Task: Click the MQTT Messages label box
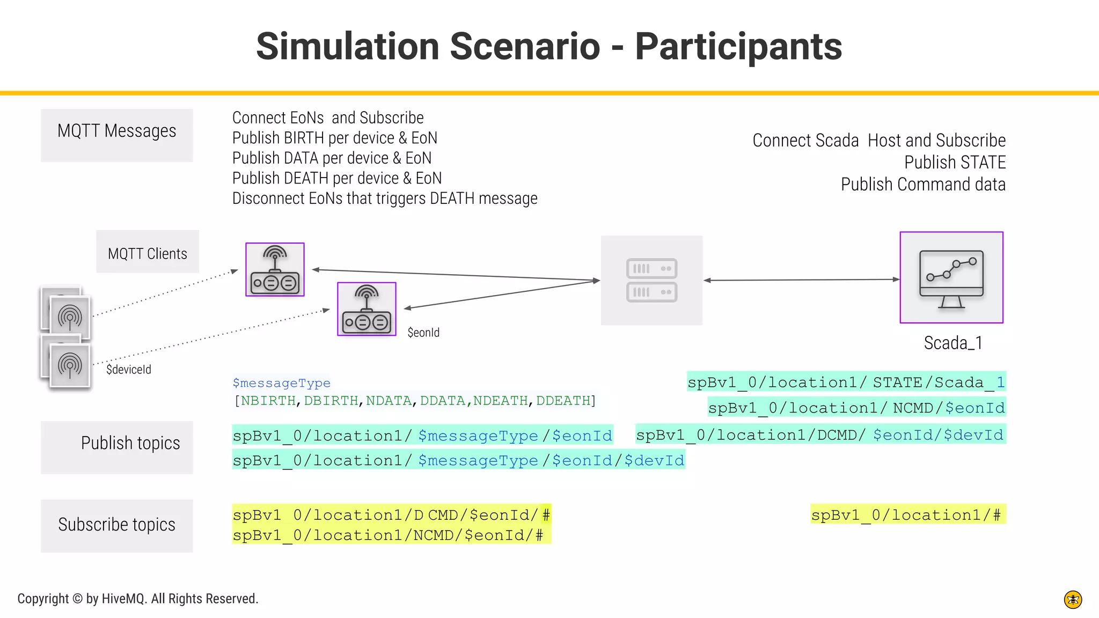coord(116,135)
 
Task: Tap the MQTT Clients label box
coord(148,252)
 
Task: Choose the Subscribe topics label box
coord(116,525)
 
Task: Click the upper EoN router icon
coord(275,269)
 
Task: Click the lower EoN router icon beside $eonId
coord(367,309)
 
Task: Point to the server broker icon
coord(651,280)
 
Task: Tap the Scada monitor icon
coord(951,277)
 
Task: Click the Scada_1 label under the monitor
coord(953,343)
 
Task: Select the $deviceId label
coord(129,370)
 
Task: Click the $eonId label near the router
coord(423,333)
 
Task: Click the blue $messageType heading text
coord(281,383)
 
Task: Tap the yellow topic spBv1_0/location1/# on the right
coord(907,515)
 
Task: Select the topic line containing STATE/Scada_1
coord(846,382)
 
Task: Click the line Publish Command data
coord(922,185)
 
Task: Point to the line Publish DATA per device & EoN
coord(332,158)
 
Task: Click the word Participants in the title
coord(738,47)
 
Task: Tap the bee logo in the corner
coord(1073,599)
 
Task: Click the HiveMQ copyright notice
coord(138,599)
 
